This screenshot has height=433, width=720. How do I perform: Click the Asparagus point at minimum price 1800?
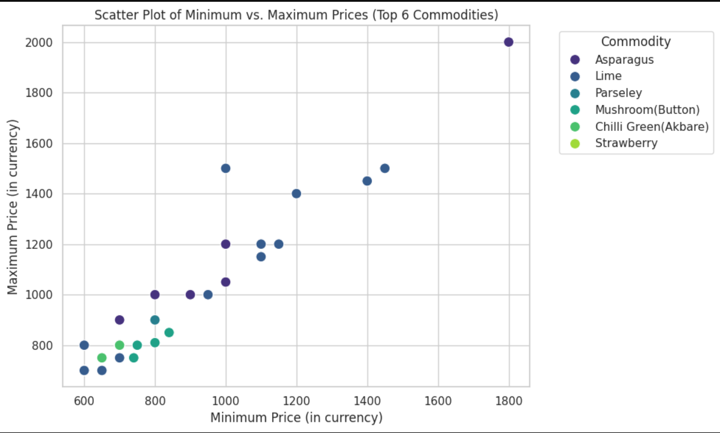(x=509, y=42)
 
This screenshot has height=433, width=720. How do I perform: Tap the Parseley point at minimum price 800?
(x=155, y=320)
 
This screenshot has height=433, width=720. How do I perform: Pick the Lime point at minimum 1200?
(x=296, y=193)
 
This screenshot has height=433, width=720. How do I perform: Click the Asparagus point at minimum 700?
(x=120, y=320)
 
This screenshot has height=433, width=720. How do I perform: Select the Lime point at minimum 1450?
(x=385, y=168)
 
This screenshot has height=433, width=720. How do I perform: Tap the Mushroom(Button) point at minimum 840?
(x=169, y=333)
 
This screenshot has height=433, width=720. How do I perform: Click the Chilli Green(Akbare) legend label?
(x=652, y=127)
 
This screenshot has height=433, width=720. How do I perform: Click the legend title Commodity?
(x=636, y=41)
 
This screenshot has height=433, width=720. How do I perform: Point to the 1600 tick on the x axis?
(x=438, y=401)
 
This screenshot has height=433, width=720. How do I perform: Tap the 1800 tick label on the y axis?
(x=39, y=93)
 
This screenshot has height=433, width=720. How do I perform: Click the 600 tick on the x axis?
(x=84, y=401)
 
